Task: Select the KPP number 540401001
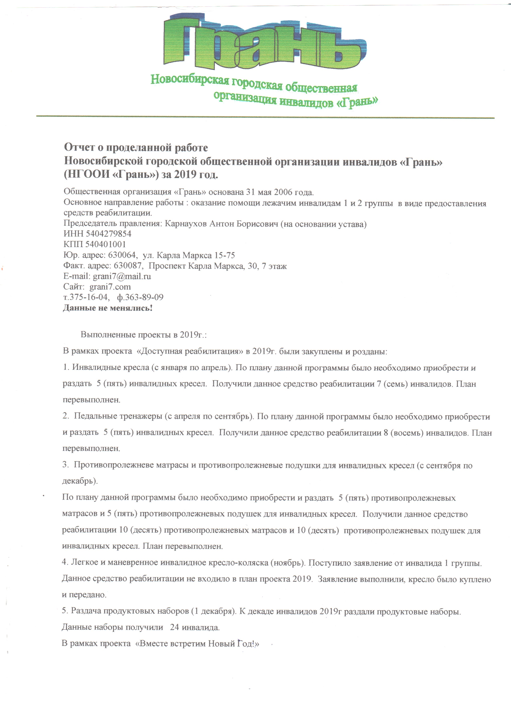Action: (105, 244)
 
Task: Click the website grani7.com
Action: (110, 287)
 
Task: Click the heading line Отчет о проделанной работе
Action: (136, 147)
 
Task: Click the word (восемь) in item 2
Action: (407, 432)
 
